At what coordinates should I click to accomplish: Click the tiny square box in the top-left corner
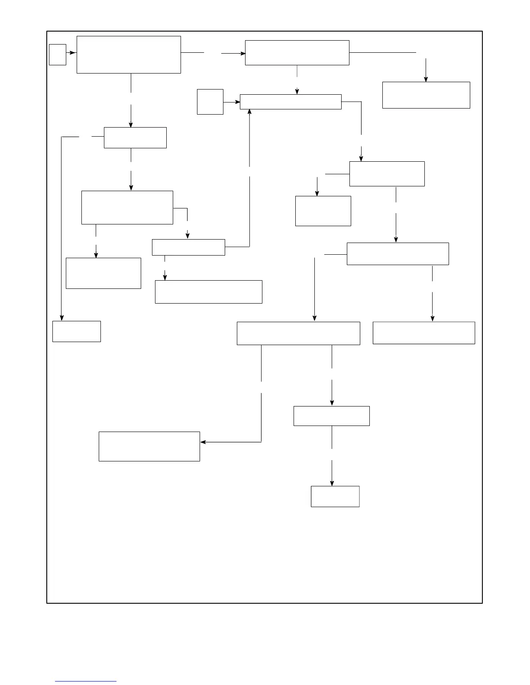(x=58, y=54)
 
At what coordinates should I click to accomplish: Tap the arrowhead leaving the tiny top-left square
(x=74, y=53)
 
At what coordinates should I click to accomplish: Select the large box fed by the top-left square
(x=129, y=54)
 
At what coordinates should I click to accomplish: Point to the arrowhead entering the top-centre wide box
(x=242, y=53)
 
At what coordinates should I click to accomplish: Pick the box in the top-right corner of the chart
(x=426, y=95)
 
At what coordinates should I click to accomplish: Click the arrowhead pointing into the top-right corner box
(x=426, y=79)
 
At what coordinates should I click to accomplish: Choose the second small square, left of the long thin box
(x=210, y=102)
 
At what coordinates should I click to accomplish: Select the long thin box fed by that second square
(x=291, y=102)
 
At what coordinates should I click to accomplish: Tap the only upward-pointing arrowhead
(x=249, y=112)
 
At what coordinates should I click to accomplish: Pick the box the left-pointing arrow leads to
(x=149, y=446)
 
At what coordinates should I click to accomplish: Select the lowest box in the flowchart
(x=335, y=496)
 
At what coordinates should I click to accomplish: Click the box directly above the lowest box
(x=332, y=416)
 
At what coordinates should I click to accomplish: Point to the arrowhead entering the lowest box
(x=332, y=483)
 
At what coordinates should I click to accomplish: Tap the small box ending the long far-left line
(x=77, y=331)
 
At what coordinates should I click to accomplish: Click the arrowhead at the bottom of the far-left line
(x=61, y=318)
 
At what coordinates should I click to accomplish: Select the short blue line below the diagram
(x=86, y=682)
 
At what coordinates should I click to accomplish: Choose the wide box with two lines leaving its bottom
(x=298, y=333)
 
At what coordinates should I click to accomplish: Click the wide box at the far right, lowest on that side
(x=424, y=333)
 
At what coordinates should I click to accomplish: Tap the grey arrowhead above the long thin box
(x=297, y=91)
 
